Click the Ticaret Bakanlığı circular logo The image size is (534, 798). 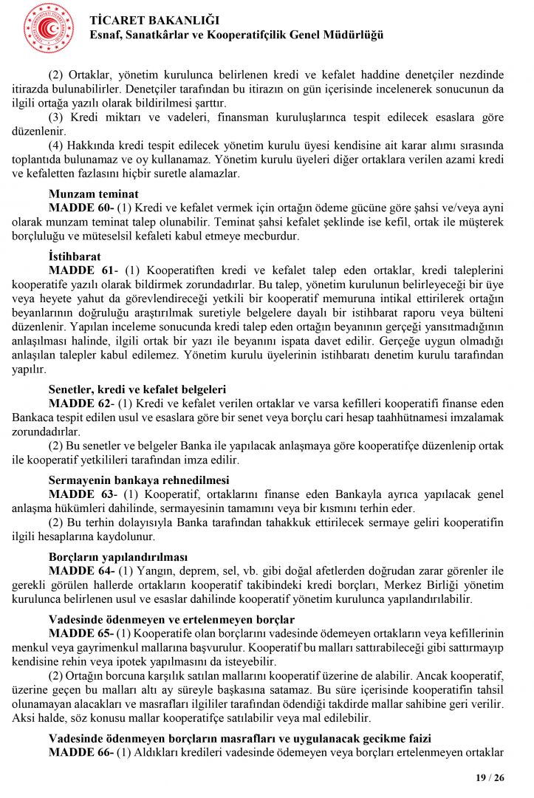49,28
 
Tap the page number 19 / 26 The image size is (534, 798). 490,777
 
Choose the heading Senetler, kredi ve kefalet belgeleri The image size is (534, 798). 137,389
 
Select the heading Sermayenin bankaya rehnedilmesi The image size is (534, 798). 139,479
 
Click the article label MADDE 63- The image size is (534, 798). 81,493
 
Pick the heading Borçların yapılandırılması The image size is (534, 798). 118,556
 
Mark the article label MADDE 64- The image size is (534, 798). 81,570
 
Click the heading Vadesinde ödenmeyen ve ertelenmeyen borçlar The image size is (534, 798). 171,618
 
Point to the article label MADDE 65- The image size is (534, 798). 81,633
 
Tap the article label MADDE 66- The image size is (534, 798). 81,752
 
